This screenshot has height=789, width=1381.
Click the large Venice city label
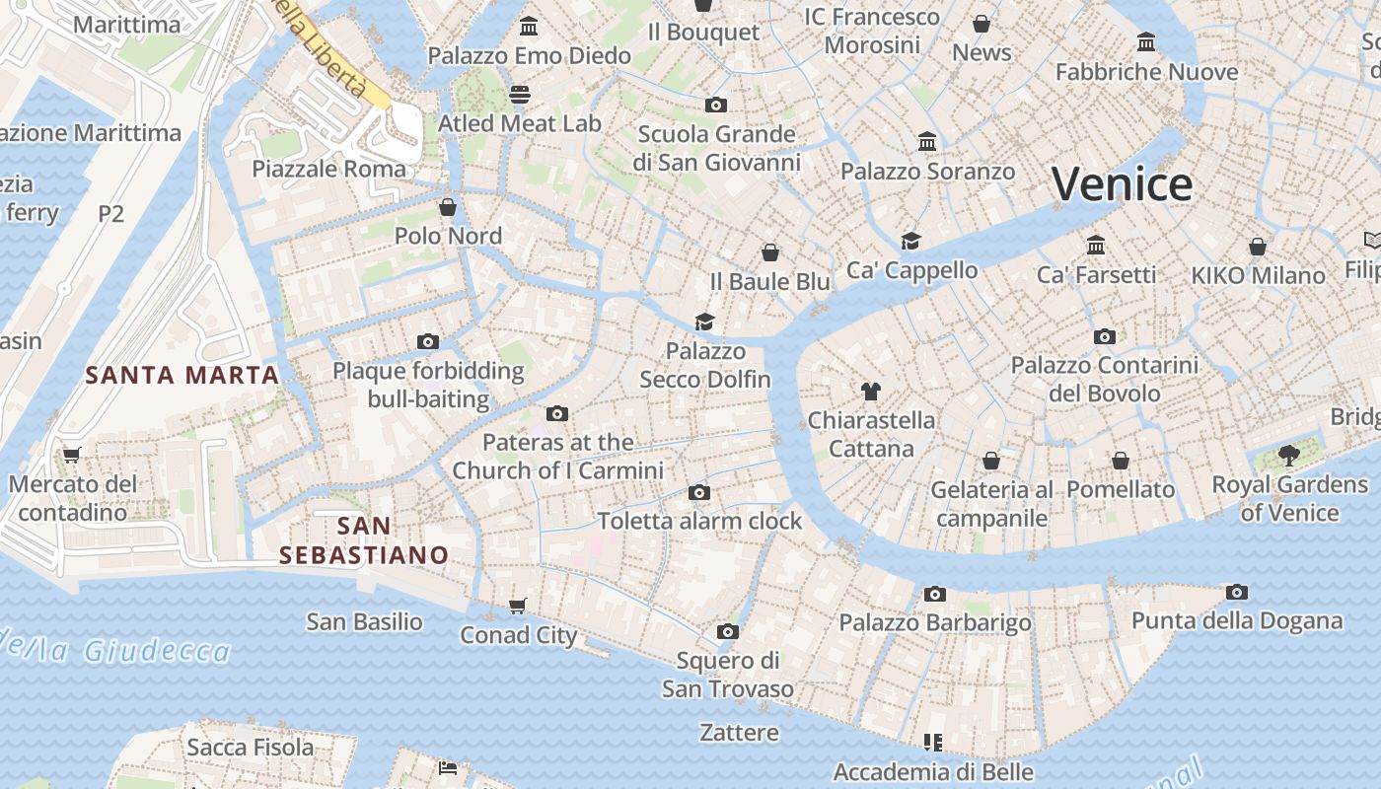(x=1122, y=184)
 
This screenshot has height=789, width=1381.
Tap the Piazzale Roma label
(x=328, y=169)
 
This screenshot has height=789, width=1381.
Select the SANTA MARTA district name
(x=182, y=375)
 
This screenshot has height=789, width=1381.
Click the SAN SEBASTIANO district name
(x=364, y=540)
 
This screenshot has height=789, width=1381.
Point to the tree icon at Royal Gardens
(x=1288, y=455)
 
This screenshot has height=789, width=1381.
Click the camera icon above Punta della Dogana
(x=1237, y=592)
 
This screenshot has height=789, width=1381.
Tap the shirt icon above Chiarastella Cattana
(x=870, y=392)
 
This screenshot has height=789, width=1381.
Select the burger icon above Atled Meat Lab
(x=520, y=94)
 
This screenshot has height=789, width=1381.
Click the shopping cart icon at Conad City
(x=518, y=606)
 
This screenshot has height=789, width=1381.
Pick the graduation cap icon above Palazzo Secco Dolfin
(x=704, y=322)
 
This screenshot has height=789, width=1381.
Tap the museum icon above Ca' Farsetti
(x=1096, y=245)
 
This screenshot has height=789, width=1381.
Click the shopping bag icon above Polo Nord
(x=448, y=207)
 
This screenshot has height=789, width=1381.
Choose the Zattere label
(x=739, y=733)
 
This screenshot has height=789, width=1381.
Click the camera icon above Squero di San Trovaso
(x=728, y=631)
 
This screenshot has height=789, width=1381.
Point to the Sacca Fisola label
(x=251, y=748)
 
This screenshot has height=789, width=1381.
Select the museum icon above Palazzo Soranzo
(x=927, y=142)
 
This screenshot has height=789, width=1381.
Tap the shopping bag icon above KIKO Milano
(x=1258, y=246)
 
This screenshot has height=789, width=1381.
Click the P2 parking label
(x=111, y=213)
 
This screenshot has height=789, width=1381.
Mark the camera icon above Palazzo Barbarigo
(x=935, y=594)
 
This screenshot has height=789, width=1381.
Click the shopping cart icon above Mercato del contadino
(x=71, y=455)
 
